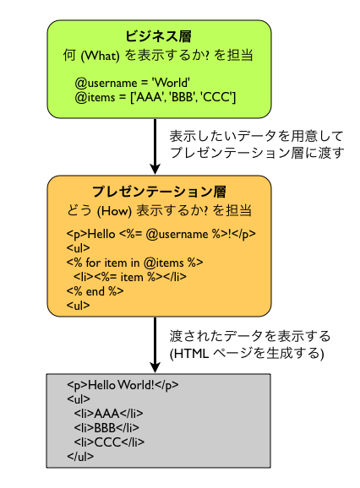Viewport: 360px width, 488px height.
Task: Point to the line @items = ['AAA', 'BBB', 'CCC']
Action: (x=155, y=99)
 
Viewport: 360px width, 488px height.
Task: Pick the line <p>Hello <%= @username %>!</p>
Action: (x=161, y=234)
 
